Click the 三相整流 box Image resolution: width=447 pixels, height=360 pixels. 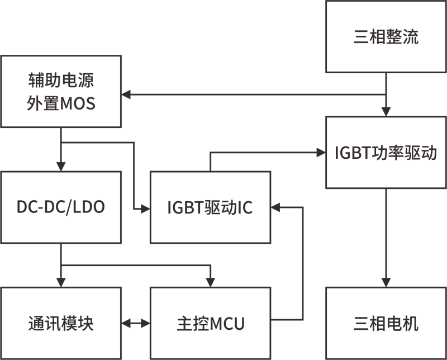[x=386, y=36]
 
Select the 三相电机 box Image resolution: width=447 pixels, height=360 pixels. [x=386, y=323]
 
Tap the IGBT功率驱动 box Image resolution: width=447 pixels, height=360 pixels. [x=386, y=153]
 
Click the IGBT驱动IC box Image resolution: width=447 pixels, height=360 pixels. [x=211, y=207]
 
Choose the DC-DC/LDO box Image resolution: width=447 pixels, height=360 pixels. [x=61, y=207]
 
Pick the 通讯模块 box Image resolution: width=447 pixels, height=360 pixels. [x=61, y=323]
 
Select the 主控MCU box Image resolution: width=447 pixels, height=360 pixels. [x=211, y=323]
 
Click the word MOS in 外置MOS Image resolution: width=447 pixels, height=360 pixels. [x=78, y=103]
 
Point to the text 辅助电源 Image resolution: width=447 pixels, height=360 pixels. [x=61, y=80]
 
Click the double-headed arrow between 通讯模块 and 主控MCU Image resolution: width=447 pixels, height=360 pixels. [x=136, y=323]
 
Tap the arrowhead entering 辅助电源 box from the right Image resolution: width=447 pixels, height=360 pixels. [x=126, y=94]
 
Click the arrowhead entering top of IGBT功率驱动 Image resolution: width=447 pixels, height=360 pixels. [x=386, y=112]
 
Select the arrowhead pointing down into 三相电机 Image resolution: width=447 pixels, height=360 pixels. [x=386, y=283]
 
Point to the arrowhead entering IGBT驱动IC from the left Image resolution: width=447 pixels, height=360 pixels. [x=146, y=210]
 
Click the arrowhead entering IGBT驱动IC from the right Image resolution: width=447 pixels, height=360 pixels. [x=275, y=207]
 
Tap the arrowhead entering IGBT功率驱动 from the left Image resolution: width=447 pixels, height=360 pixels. [x=321, y=153]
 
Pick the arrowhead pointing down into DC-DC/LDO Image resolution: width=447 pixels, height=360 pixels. [x=61, y=167]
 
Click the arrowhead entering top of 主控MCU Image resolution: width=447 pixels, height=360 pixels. [x=211, y=283]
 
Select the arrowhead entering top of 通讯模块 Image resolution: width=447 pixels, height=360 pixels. [x=61, y=283]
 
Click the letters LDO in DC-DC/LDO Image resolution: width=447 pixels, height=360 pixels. [x=89, y=207]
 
